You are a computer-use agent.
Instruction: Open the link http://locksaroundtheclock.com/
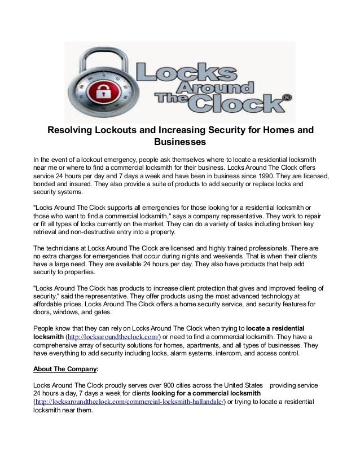point(114,337)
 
